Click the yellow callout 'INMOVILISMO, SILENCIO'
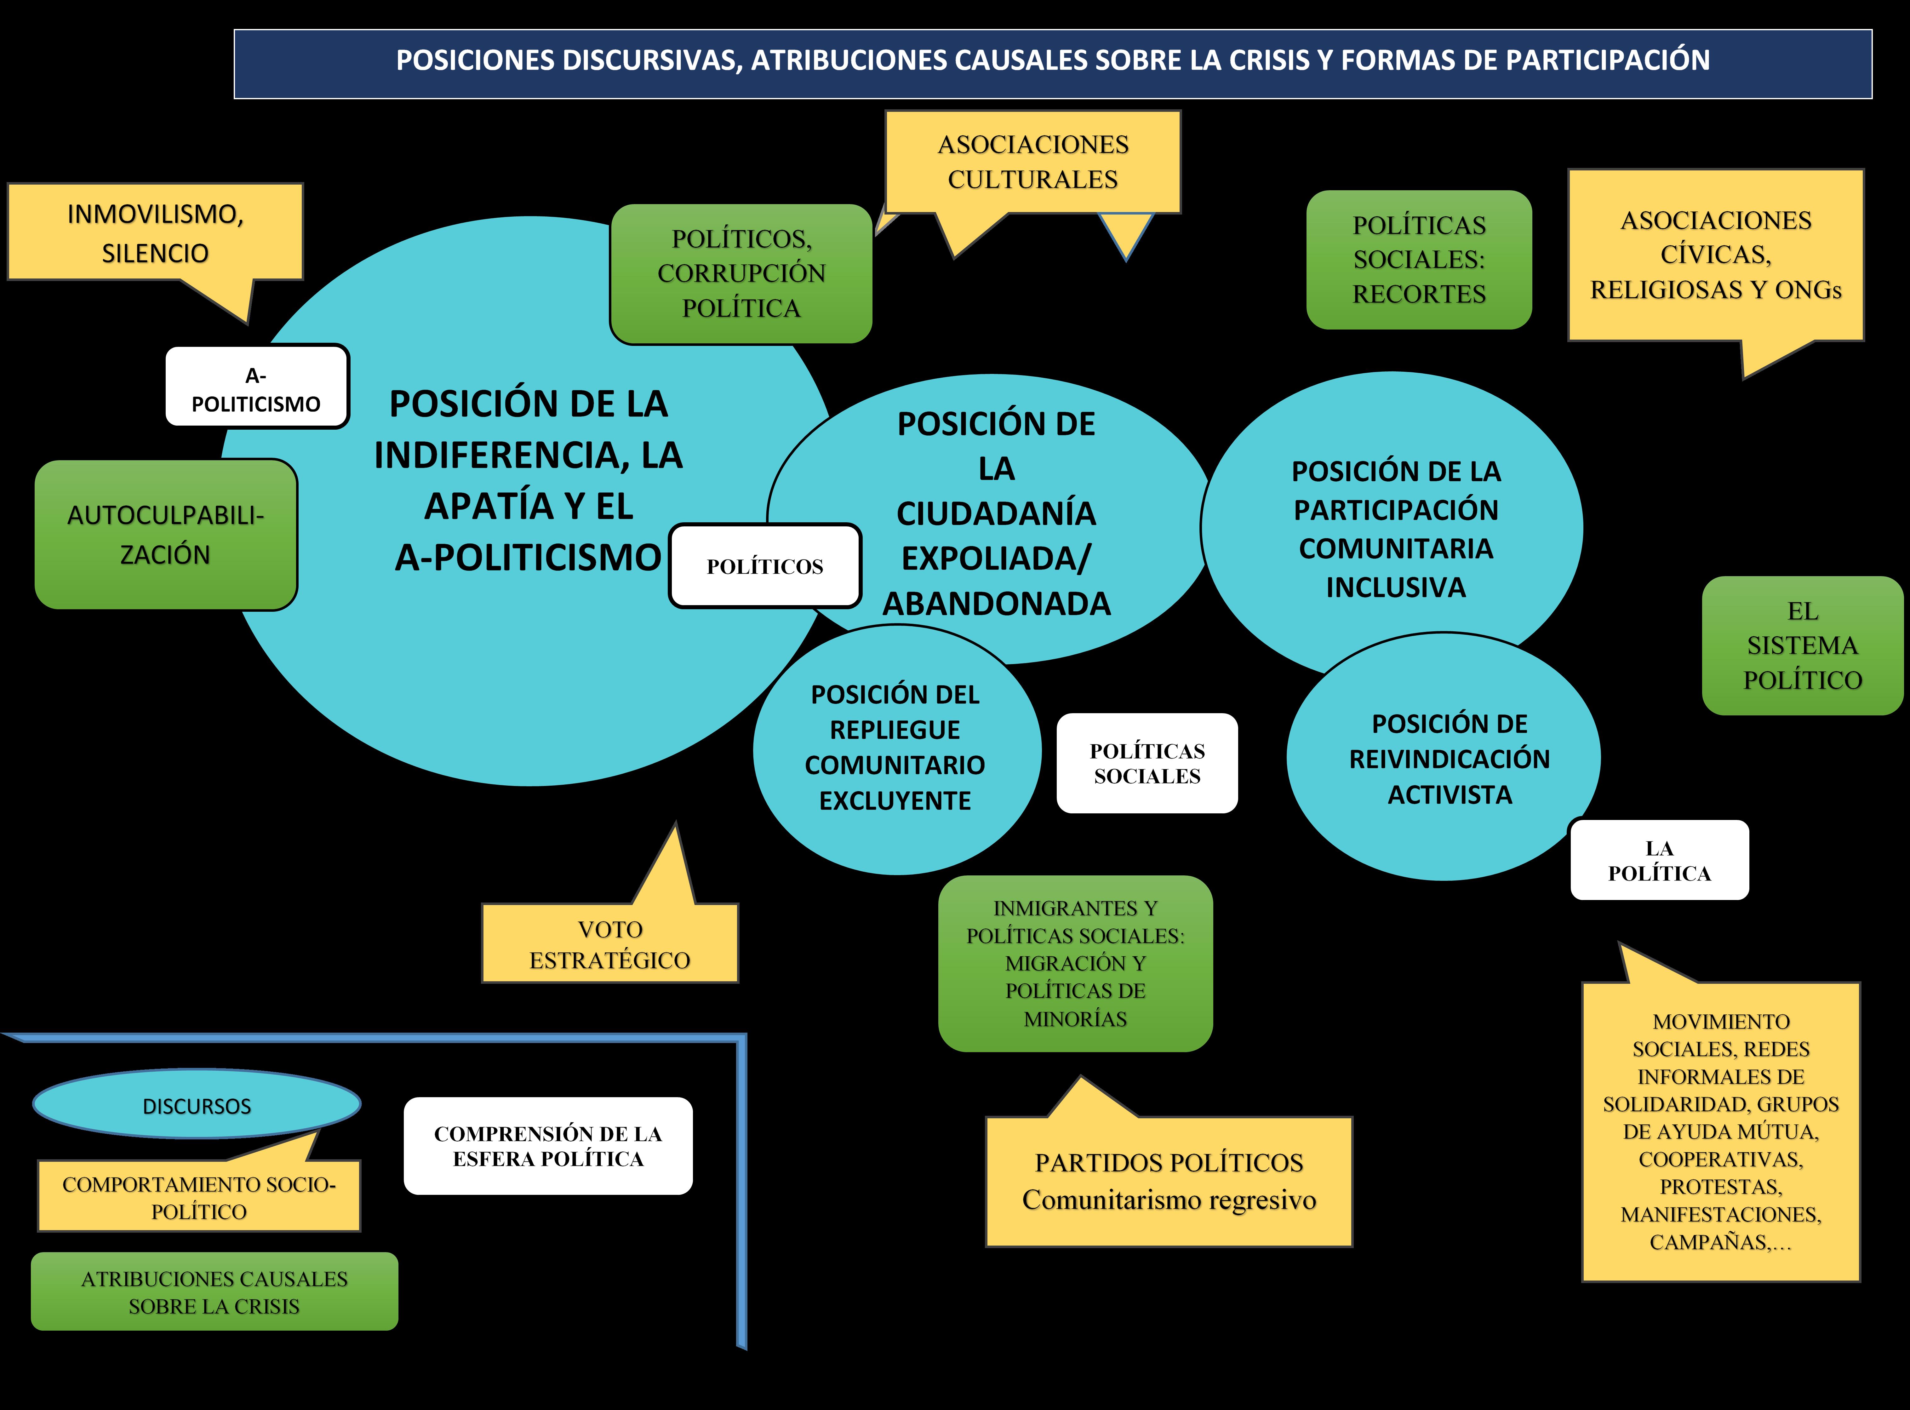click(155, 232)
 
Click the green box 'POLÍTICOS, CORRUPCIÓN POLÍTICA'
click(741, 273)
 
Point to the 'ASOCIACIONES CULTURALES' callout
click(1033, 161)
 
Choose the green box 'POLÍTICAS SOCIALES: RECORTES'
click(1418, 260)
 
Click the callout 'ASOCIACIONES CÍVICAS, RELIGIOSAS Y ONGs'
click(1715, 254)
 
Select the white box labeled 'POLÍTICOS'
click(765, 566)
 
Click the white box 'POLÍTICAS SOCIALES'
click(1147, 763)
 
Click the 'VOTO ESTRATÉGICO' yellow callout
click(609, 944)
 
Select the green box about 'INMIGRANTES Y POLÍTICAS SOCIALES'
click(1075, 963)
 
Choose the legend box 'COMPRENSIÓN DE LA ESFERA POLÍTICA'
click(548, 1145)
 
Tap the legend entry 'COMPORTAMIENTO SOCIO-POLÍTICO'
click(199, 1197)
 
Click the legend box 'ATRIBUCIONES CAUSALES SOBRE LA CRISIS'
click(214, 1291)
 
